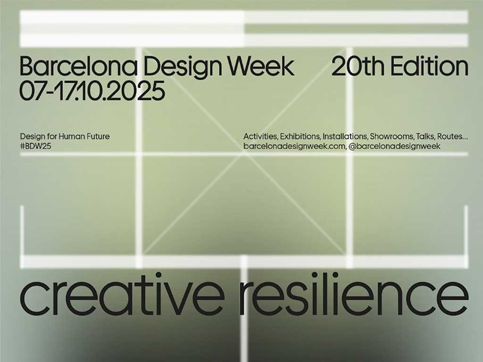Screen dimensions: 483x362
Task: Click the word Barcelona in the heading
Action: click(x=79, y=66)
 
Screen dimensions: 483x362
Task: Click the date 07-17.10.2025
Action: click(x=92, y=90)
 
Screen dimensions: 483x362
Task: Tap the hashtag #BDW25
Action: click(x=35, y=146)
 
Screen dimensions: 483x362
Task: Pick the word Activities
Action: click(x=260, y=136)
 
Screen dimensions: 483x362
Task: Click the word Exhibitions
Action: click(x=300, y=136)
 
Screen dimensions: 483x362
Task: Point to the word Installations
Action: click(x=345, y=136)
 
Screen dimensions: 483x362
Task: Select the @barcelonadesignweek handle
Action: click(x=394, y=146)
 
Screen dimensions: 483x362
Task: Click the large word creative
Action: click(x=122, y=294)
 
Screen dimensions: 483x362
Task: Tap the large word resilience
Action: click(x=354, y=294)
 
